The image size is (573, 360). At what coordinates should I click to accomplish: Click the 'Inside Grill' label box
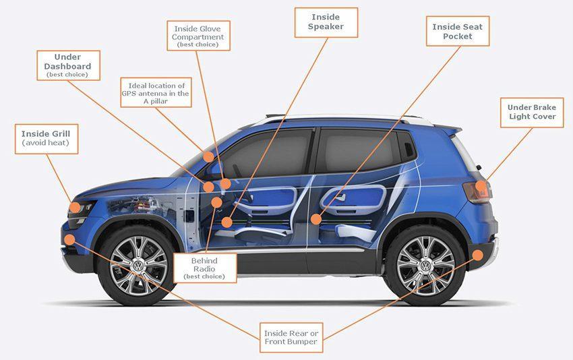pyautogui.click(x=47, y=139)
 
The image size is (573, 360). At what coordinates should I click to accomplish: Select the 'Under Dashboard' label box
pyautogui.click(x=68, y=65)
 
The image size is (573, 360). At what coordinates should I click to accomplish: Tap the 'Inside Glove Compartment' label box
pyautogui.click(x=198, y=36)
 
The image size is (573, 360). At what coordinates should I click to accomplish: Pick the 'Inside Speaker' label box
pyautogui.click(x=326, y=22)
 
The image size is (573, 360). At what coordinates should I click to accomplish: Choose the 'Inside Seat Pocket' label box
pyautogui.click(x=458, y=31)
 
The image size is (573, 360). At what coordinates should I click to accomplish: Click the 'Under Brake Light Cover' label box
pyautogui.click(x=532, y=113)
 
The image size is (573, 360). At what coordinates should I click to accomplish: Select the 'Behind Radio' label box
pyautogui.click(x=205, y=268)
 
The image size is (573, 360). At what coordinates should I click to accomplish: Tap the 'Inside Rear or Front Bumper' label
pyautogui.click(x=291, y=338)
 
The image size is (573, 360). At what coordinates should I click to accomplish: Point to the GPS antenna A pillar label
pyautogui.click(x=156, y=92)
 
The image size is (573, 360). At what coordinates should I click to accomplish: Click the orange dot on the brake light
pyautogui.click(x=481, y=187)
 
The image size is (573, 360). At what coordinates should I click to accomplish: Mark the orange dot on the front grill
pyautogui.click(x=75, y=208)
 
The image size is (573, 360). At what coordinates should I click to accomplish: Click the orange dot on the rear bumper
pyautogui.click(x=478, y=255)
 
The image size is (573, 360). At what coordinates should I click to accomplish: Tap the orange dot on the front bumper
pyautogui.click(x=69, y=240)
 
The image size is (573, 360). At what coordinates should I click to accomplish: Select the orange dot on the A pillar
pyautogui.click(x=208, y=157)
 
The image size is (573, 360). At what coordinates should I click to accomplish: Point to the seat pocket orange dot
pyautogui.click(x=316, y=219)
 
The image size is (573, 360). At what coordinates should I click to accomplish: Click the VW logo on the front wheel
pyautogui.click(x=138, y=266)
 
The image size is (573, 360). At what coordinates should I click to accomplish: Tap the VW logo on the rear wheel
pyautogui.click(x=425, y=266)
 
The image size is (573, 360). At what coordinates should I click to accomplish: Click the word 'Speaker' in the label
pyautogui.click(x=326, y=27)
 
